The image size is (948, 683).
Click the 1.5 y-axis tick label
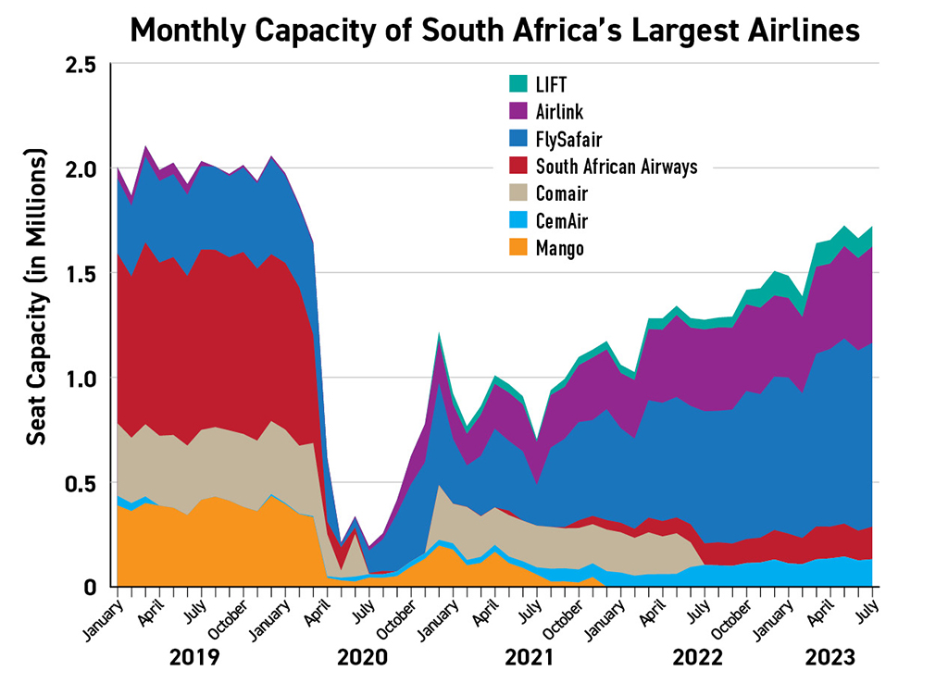pos(82,274)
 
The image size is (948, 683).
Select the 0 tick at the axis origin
pos(91,587)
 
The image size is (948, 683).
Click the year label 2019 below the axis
pos(194,658)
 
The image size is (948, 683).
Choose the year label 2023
pos(831,658)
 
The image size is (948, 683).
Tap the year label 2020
pos(363,658)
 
